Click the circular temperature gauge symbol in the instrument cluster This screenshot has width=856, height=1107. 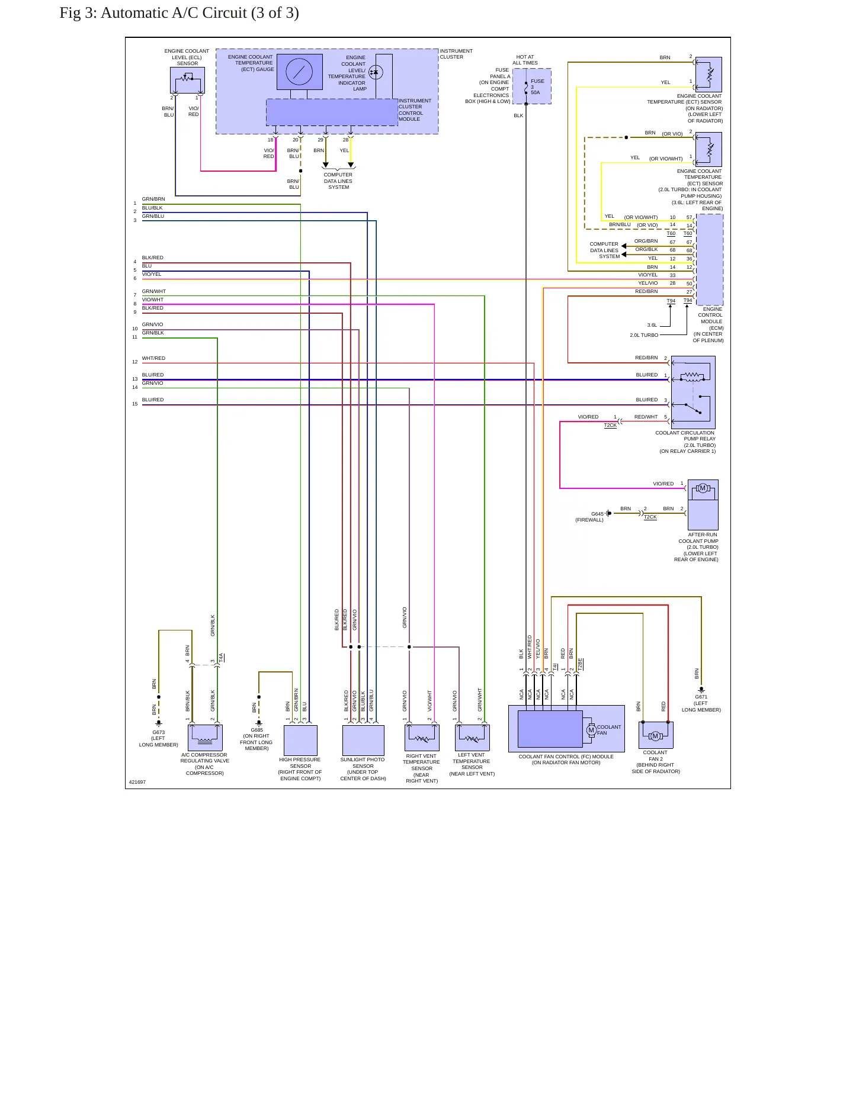click(299, 72)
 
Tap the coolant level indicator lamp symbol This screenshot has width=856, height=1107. click(376, 72)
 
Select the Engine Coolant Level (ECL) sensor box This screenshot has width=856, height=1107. click(187, 80)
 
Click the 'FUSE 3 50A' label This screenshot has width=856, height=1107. click(537, 86)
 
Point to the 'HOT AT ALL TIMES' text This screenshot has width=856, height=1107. click(525, 60)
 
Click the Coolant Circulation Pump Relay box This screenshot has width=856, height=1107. click(693, 392)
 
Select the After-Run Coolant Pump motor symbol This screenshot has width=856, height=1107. click(703, 488)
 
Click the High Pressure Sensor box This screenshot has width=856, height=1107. click(300, 740)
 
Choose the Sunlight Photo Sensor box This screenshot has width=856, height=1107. click(363, 740)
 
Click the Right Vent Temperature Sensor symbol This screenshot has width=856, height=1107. click(422, 738)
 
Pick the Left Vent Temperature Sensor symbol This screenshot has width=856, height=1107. click(472, 738)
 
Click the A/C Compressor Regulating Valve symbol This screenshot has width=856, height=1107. click(205, 738)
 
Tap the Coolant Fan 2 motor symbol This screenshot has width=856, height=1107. click(655, 736)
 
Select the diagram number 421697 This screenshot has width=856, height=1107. click(137, 782)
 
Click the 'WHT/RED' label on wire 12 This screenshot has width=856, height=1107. click(153, 358)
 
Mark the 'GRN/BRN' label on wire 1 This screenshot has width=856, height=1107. click(153, 199)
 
